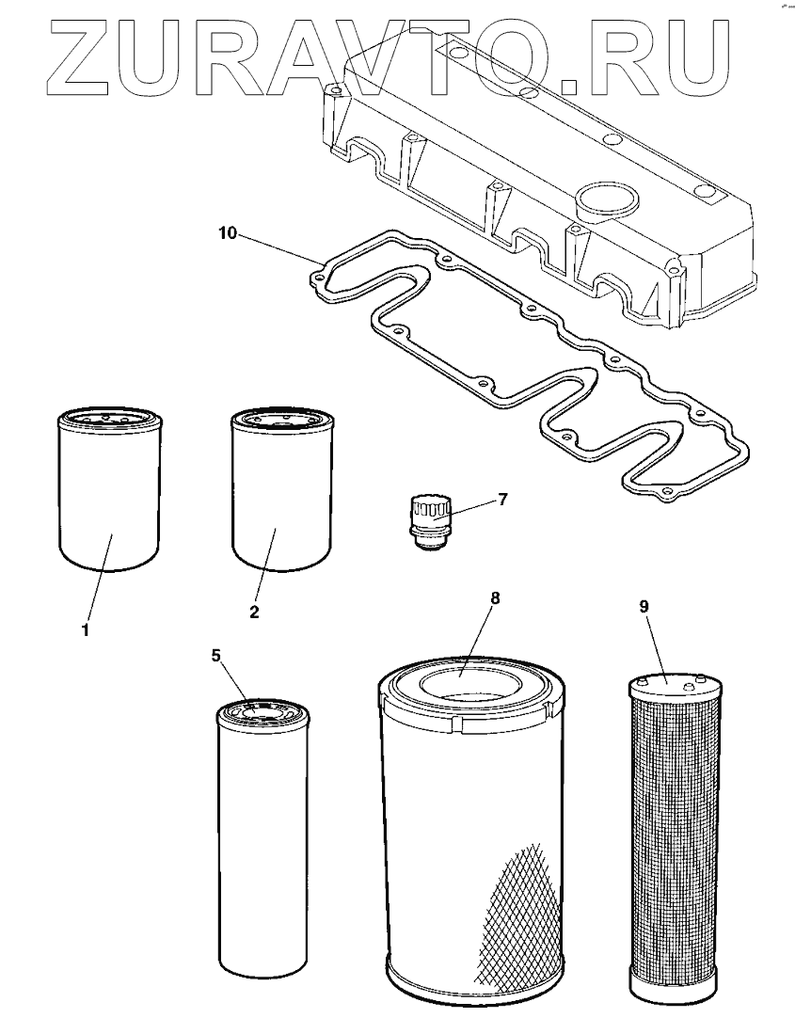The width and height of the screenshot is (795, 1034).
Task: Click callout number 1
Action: tap(85, 630)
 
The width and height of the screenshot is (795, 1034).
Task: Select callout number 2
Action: tap(254, 612)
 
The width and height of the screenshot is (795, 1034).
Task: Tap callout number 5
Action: tap(216, 656)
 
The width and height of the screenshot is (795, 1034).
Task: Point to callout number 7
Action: tap(502, 499)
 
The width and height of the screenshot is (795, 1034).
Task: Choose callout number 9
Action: tap(644, 607)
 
